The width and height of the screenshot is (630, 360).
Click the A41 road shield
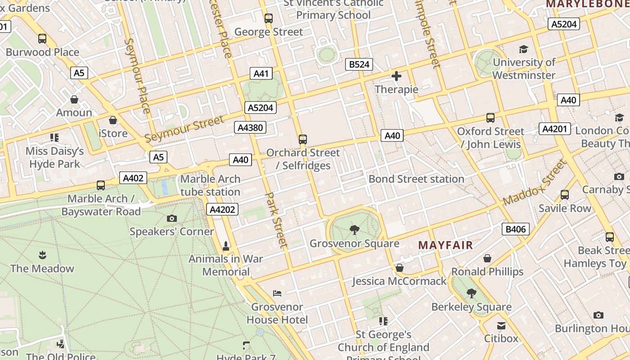pyautogui.click(x=261, y=73)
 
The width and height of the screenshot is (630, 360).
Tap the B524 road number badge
pyautogui.click(x=360, y=64)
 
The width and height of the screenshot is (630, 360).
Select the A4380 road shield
pyautogui.click(x=250, y=128)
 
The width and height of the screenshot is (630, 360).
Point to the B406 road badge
pyautogui.click(x=516, y=229)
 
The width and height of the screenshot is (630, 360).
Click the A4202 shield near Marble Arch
pyautogui.click(x=222, y=209)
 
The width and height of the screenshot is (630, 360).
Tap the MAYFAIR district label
pyautogui.click(x=445, y=245)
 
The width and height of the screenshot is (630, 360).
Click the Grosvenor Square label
pyautogui.click(x=354, y=243)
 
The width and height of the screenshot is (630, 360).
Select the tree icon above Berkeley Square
pyautogui.click(x=471, y=294)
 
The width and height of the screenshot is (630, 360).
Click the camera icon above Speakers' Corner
pyautogui.click(x=171, y=219)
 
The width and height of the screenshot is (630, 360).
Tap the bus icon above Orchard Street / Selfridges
pyautogui.click(x=303, y=139)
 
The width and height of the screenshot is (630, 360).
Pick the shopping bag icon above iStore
pyautogui.click(x=113, y=120)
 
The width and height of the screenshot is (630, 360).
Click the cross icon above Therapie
pyautogui.click(x=396, y=76)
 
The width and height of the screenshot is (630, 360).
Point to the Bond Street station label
pyautogui.click(x=416, y=179)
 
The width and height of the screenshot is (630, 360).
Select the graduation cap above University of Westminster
pyautogui.click(x=523, y=49)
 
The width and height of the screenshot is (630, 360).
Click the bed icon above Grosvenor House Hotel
pyautogui.click(x=277, y=293)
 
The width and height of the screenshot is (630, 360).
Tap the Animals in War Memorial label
pyautogui.click(x=226, y=265)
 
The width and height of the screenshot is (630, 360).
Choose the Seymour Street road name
pyautogui.click(x=184, y=129)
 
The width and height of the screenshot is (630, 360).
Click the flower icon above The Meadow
pyautogui.click(x=42, y=255)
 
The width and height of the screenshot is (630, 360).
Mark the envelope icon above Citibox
pyautogui.click(x=501, y=325)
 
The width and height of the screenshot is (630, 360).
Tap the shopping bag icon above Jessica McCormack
pyautogui.click(x=399, y=268)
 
